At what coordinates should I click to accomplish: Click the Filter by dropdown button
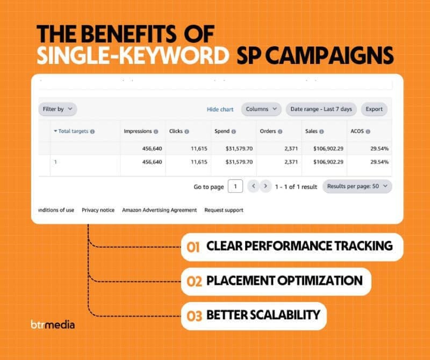pos(58,109)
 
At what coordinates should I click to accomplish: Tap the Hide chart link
pos(220,110)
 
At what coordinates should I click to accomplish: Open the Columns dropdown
pos(261,109)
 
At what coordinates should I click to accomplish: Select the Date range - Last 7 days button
pos(321,109)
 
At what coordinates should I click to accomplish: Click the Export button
pos(374,109)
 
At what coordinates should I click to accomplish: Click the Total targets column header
pos(74,131)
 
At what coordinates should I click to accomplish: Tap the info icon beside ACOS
pos(368,131)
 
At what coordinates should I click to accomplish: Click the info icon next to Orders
pos(280,131)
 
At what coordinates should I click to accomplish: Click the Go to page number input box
pos(235,186)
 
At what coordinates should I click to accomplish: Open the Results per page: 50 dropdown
pos(357,186)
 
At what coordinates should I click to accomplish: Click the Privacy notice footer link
pos(98,210)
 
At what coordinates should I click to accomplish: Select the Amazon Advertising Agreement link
pos(159,210)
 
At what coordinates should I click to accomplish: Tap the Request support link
pos(224,210)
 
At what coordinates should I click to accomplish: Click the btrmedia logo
pos(53,325)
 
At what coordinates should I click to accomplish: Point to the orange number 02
pos(194,282)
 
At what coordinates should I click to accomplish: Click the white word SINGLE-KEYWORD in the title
pos(133,55)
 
